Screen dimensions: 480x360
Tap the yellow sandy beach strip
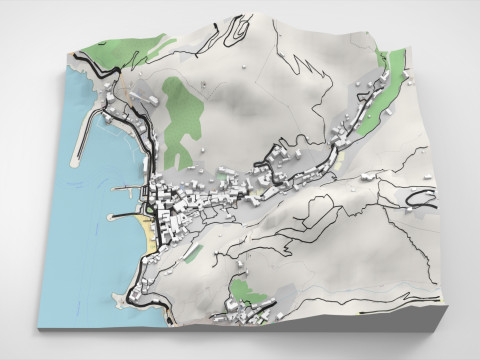pos(149,234)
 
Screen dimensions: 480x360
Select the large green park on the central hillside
pos(180,120)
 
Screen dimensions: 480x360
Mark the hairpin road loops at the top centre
pos(235,30)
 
